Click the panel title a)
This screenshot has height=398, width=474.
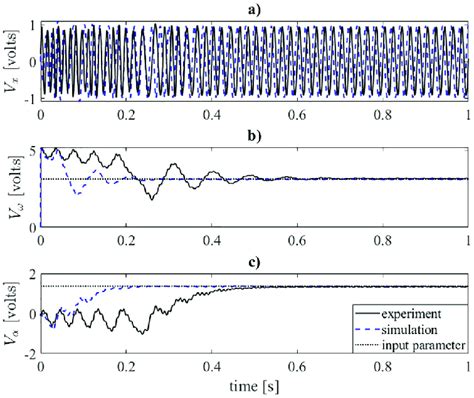point(254,8)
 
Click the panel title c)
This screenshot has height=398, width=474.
point(254,263)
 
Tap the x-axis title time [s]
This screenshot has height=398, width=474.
point(254,385)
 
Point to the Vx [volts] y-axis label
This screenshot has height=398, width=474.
point(11,60)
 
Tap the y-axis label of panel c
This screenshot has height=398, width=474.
point(11,314)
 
